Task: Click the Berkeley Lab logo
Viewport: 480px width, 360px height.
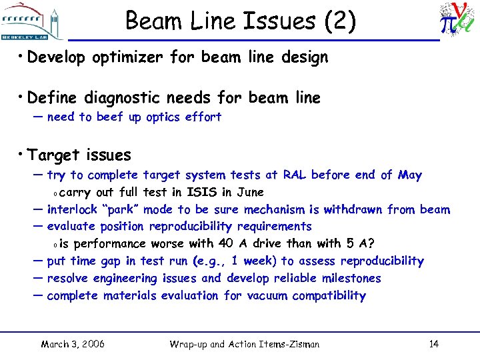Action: tap(33, 20)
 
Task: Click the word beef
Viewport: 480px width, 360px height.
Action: tap(109, 117)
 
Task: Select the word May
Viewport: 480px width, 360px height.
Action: tap(409, 175)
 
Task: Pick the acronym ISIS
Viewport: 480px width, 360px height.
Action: tap(205, 193)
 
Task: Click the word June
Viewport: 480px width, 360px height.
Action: tap(250, 193)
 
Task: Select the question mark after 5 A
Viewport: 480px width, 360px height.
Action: tap(371, 243)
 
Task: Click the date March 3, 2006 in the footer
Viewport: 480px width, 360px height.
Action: tap(73, 344)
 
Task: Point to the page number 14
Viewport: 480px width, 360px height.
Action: tap(433, 344)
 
